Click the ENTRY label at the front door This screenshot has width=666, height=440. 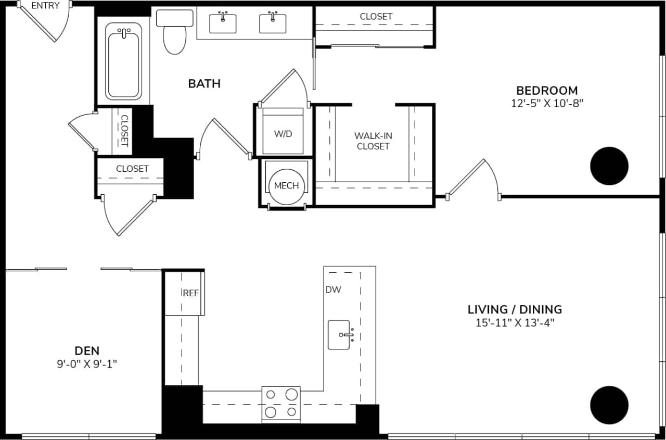45,6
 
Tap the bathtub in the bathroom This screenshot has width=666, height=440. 123,62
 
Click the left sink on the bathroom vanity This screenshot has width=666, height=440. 223,23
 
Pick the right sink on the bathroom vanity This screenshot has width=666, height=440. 273,23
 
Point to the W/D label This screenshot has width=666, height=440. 283,134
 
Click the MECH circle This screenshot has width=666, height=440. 286,185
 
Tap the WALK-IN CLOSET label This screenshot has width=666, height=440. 373,141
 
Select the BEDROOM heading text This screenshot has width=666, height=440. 546,90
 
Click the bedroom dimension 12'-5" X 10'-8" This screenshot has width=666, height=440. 546,103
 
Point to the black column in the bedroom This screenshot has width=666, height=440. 609,166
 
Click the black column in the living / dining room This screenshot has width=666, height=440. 609,405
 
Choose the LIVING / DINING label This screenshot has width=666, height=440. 515,309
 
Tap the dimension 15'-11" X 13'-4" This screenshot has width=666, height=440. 515,323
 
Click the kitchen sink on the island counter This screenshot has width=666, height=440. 339,335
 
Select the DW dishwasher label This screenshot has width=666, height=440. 333,290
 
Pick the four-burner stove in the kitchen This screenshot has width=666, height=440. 281,403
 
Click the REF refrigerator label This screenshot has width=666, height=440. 191,293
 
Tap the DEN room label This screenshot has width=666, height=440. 87,350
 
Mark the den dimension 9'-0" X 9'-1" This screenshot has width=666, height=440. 87,364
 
